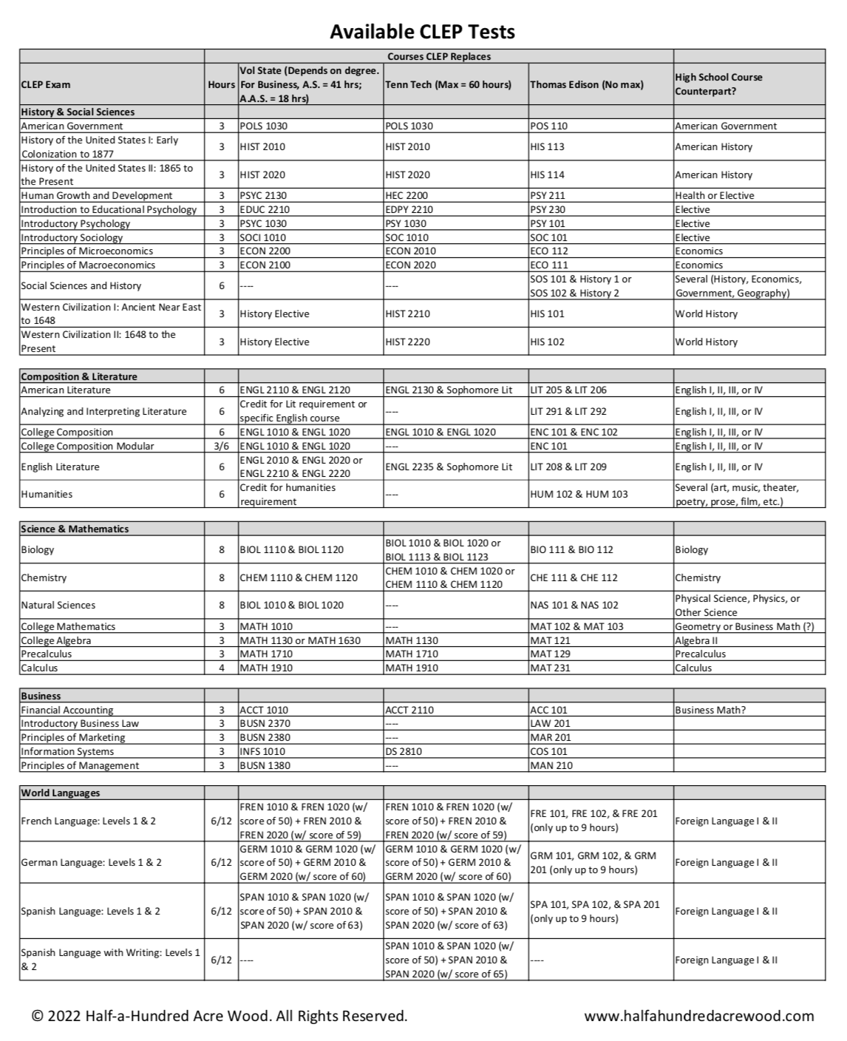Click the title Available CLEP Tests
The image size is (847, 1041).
[422, 31]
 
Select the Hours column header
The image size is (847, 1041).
[221, 84]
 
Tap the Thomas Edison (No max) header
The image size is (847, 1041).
[586, 84]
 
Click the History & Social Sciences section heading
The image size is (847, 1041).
[78, 112]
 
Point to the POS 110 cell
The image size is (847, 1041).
[548, 126]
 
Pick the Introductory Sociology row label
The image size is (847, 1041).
[72, 237]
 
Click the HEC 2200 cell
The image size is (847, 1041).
[407, 196]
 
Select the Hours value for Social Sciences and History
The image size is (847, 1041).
[221, 286]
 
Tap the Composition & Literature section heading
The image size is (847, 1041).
[79, 376]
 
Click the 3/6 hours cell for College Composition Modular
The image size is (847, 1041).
[221, 446]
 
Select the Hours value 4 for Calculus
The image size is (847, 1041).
[221, 668]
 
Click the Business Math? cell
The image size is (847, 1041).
[710, 710]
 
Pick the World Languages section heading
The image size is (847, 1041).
[60, 793]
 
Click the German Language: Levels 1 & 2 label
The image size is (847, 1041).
[91, 862]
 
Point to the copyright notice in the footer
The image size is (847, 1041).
[220, 1016]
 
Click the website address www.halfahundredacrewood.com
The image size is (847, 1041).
[698, 1016]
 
